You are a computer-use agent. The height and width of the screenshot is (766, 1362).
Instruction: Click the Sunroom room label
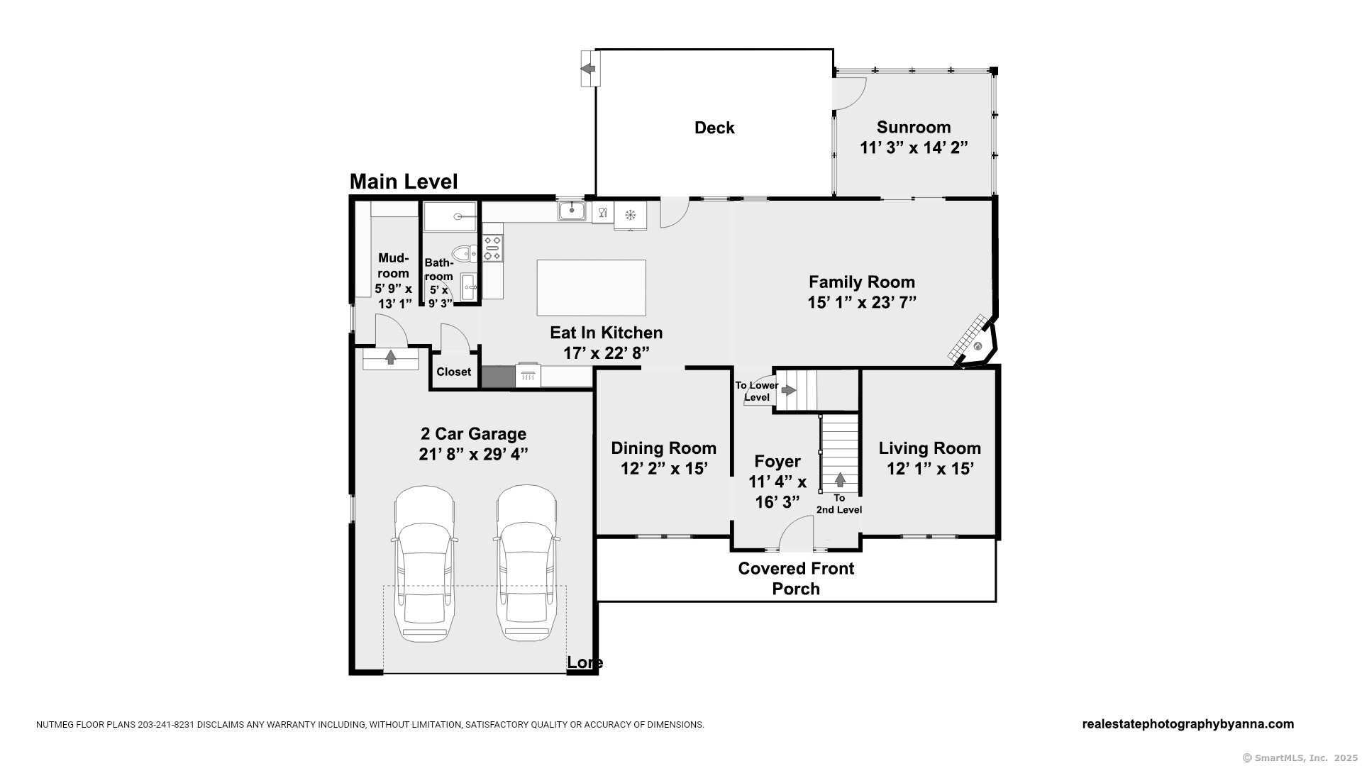(x=914, y=128)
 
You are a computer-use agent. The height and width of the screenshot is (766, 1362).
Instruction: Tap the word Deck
(x=714, y=128)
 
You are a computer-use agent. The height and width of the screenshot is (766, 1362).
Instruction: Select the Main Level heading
(x=404, y=182)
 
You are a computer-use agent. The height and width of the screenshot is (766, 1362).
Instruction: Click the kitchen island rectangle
(x=591, y=287)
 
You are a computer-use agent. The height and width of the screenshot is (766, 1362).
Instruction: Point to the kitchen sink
(x=572, y=211)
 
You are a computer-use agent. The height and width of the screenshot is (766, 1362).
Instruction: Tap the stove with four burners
(x=492, y=248)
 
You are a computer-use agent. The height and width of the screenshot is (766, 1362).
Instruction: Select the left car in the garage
(x=424, y=563)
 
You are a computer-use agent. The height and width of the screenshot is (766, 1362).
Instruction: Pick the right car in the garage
(x=526, y=563)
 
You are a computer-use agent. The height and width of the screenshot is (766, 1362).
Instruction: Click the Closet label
(x=453, y=372)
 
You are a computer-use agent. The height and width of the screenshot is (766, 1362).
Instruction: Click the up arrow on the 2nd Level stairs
(x=840, y=479)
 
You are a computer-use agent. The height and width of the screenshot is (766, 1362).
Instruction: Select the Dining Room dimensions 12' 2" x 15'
(x=664, y=469)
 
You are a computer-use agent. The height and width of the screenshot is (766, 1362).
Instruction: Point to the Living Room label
(x=930, y=448)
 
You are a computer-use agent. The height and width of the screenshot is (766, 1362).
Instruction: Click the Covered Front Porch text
(x=796, y=579)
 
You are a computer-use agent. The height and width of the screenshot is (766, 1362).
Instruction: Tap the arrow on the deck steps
(x=587, y=69)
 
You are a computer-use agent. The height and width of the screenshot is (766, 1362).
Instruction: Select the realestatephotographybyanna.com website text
(x=1188, y=724)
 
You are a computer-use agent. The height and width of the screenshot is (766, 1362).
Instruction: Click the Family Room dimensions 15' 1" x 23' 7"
(x=862, y=302)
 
